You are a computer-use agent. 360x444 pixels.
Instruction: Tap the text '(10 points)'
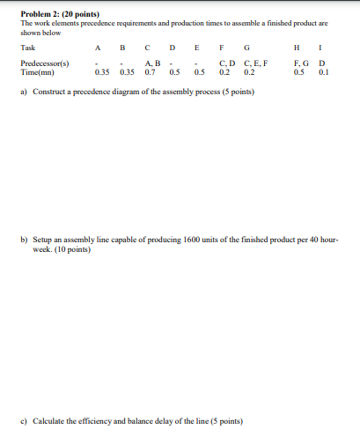72,248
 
